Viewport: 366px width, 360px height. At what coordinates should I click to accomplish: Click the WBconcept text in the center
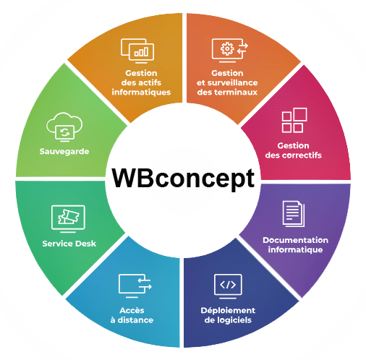point(183,179)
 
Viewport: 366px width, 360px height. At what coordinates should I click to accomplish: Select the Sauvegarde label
point(64,151)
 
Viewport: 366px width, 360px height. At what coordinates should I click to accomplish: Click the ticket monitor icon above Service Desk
point(68,218)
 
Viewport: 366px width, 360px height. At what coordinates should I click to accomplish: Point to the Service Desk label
point(69,244)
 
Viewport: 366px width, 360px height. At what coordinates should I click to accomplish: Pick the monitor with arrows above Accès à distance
point(135,286)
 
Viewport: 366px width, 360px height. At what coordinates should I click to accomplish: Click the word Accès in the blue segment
point(132,310)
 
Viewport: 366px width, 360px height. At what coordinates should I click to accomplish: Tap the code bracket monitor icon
point(228,286)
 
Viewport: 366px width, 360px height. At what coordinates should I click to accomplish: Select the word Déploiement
point(228,310)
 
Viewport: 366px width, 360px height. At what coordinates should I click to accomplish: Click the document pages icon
point(294,214)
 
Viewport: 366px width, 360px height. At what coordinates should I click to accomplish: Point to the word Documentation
point(295,240)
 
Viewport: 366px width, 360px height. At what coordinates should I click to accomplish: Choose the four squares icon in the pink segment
point(294,120)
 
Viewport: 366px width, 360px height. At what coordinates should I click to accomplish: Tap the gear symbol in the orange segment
point(227,49)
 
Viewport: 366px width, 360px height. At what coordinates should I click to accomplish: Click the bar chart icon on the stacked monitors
point(142,52)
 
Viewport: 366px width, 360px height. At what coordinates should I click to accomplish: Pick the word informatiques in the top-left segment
point(141,92)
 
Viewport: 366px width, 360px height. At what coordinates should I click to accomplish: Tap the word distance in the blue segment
point(135,320)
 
